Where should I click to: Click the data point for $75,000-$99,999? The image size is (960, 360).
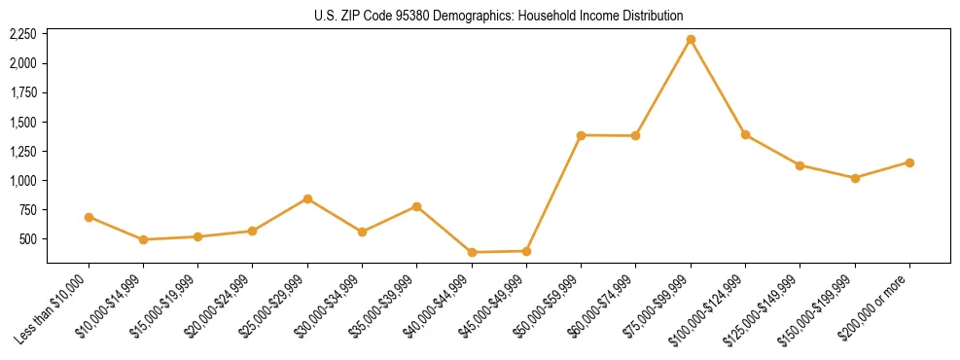click(x=691, y=40)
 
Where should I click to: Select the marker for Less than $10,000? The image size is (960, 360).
click(x=89, y=217)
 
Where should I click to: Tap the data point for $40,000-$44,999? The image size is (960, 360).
click(x=472, y=252)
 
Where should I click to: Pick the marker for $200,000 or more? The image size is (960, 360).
click(x=909, y=162)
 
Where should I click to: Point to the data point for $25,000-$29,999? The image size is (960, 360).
click(x=307, y=198)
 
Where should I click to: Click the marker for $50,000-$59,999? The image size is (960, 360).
click(x=581, y=135)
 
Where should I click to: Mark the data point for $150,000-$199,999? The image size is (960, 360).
click(x=855, y=178)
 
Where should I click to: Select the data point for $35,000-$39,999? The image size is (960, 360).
click(x=416, y=206)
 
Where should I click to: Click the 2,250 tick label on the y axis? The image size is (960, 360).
click(x=22, y=34)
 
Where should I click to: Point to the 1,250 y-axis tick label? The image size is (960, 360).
click(x=22, y=152)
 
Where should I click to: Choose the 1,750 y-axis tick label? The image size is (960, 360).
click(x=22, y=92)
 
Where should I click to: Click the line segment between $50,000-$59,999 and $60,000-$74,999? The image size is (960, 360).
click(x=608, y=135)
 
